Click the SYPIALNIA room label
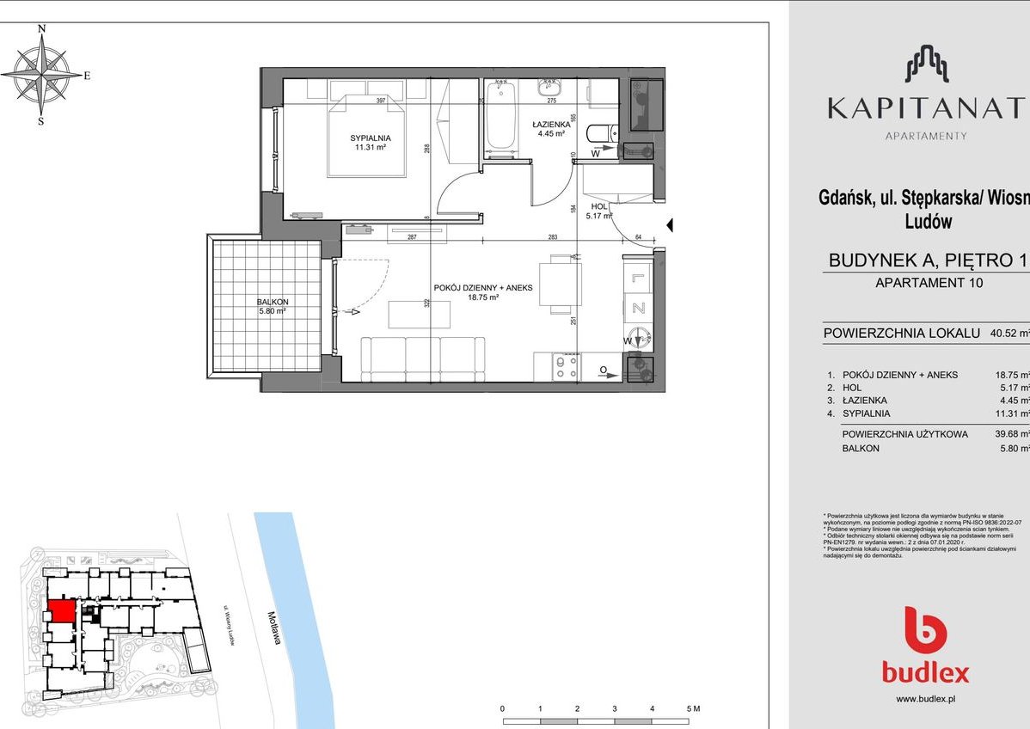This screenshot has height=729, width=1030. pos(371,138)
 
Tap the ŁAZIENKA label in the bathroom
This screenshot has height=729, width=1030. pos(550,124)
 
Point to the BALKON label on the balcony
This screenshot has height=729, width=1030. pos(272,302)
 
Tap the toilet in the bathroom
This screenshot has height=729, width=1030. pos(600,133)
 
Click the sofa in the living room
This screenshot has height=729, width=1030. pos(421,358)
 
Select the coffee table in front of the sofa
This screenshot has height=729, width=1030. pos(419,314)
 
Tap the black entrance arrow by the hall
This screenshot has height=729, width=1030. pos(671,225)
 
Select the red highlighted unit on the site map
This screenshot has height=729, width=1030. pos(61,612)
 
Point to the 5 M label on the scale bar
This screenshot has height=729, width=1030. pos(694,709)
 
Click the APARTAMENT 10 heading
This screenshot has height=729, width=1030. pos(928,282)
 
